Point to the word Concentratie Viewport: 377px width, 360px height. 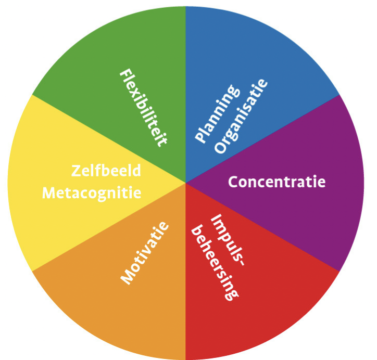pyautogui.click(x=277, y=182)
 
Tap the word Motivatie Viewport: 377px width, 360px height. pyautogui.click(x=145, y=253)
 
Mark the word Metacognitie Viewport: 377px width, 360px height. pyautogui.click(x=92, y=193)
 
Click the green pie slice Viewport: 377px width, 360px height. pyautogui.click(x=120, y=52)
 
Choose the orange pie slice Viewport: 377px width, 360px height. pyautogui.click(x=104, y=307)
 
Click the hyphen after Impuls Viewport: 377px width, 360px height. pyautogui.click(x=240, y=266)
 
